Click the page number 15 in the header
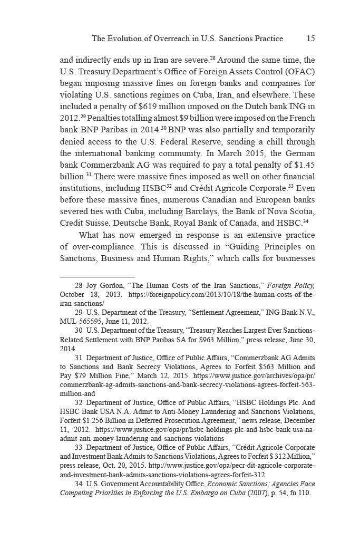click(310, 38)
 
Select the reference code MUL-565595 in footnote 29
click(82, 321)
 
